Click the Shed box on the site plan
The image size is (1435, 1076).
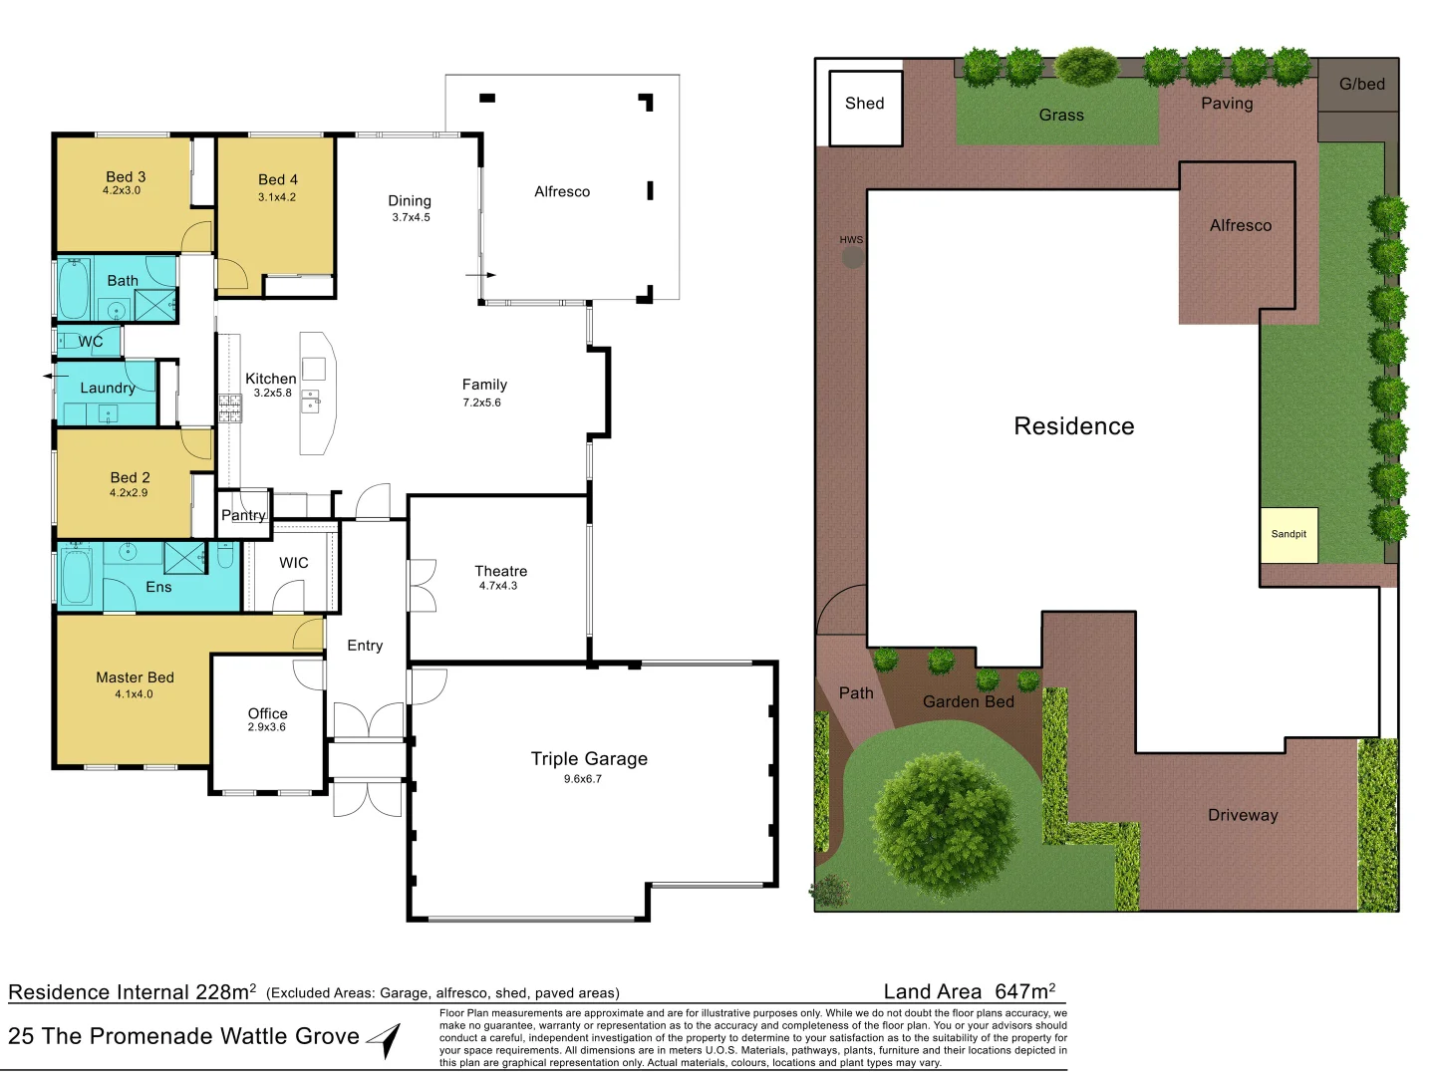pos(865,108)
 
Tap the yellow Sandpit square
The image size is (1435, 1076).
pos(1289,535)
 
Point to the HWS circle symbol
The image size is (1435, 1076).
pos(852,258)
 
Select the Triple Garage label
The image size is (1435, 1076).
pos(589,759)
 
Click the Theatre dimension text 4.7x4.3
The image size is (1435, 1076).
pos(498,586)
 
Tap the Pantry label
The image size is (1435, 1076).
pos(243,515)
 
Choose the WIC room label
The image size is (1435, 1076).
pos(294,563)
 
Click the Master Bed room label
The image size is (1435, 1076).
pos(135,677)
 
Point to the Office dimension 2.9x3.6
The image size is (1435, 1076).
pos(267,727)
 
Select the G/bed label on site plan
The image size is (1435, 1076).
pos(1361,85)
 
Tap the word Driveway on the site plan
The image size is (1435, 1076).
pos(1243,815)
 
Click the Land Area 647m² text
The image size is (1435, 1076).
pos(969,991)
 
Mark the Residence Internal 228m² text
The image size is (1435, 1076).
pos(132,992)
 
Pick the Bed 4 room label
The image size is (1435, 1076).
pos(278,180)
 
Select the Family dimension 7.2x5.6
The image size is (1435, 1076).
pos(481,403)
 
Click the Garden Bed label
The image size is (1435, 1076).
pos(968,701)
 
